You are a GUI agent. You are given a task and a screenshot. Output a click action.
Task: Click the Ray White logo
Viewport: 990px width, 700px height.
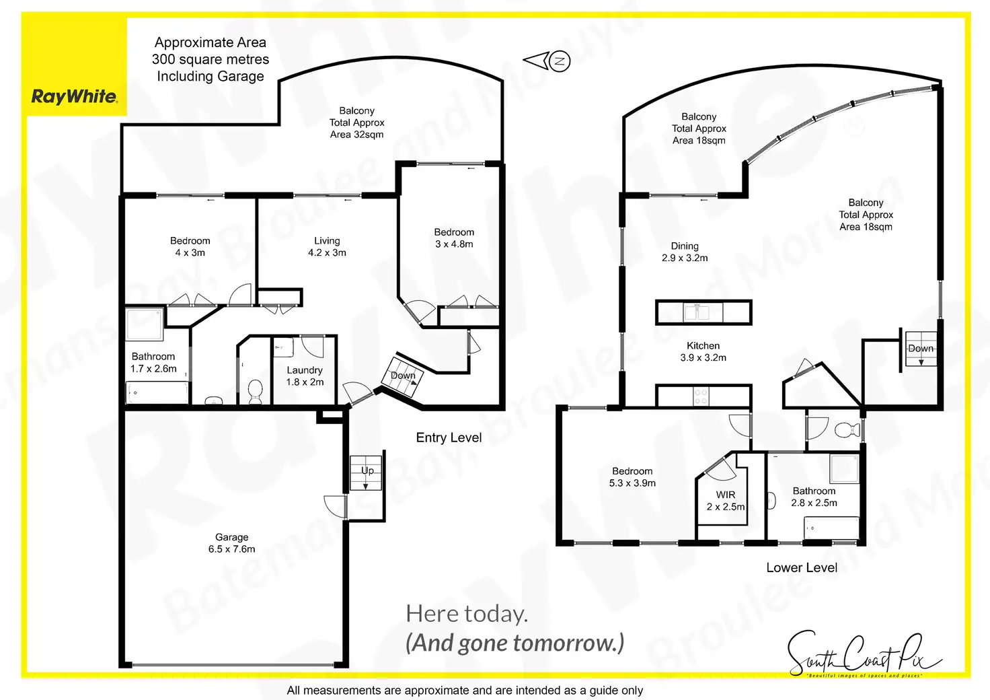[x=75, y=96]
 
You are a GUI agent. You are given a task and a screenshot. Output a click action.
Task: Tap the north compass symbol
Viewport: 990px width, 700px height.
[x=559, y=61]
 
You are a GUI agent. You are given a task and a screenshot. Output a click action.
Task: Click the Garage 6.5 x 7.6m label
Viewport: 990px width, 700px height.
[x=231, y=543]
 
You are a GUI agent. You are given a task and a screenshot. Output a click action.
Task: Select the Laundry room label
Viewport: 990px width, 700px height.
[x=305, y=376]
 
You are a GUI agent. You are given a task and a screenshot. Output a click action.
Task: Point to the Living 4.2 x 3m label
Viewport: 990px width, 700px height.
[x=327, y=246]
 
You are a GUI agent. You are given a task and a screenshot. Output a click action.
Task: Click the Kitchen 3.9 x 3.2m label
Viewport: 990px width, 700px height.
[x=703, y=351]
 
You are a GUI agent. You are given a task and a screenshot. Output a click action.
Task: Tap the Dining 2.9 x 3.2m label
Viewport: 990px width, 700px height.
[x=685, y=252]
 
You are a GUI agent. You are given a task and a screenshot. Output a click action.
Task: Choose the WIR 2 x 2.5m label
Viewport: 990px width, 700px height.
[x=725, y=500]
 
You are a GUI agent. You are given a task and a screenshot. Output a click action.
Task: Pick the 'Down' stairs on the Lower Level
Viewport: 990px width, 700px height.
[x=919, y=349]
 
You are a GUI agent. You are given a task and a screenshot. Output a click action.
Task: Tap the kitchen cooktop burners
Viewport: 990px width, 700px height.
[x=701, y=396]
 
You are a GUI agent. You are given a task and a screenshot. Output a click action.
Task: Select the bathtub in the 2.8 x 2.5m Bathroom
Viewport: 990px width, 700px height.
[x=831, y=528]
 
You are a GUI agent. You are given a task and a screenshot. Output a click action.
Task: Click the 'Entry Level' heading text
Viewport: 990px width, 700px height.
[x=449, y=438]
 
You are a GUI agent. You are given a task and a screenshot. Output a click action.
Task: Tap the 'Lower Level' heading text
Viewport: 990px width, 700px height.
[x=802, y=567]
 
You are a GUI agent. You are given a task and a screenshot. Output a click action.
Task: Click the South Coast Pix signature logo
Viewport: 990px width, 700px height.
[x=864, y=654]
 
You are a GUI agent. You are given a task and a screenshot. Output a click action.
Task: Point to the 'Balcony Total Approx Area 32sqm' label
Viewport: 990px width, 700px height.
[x=356, y=123]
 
